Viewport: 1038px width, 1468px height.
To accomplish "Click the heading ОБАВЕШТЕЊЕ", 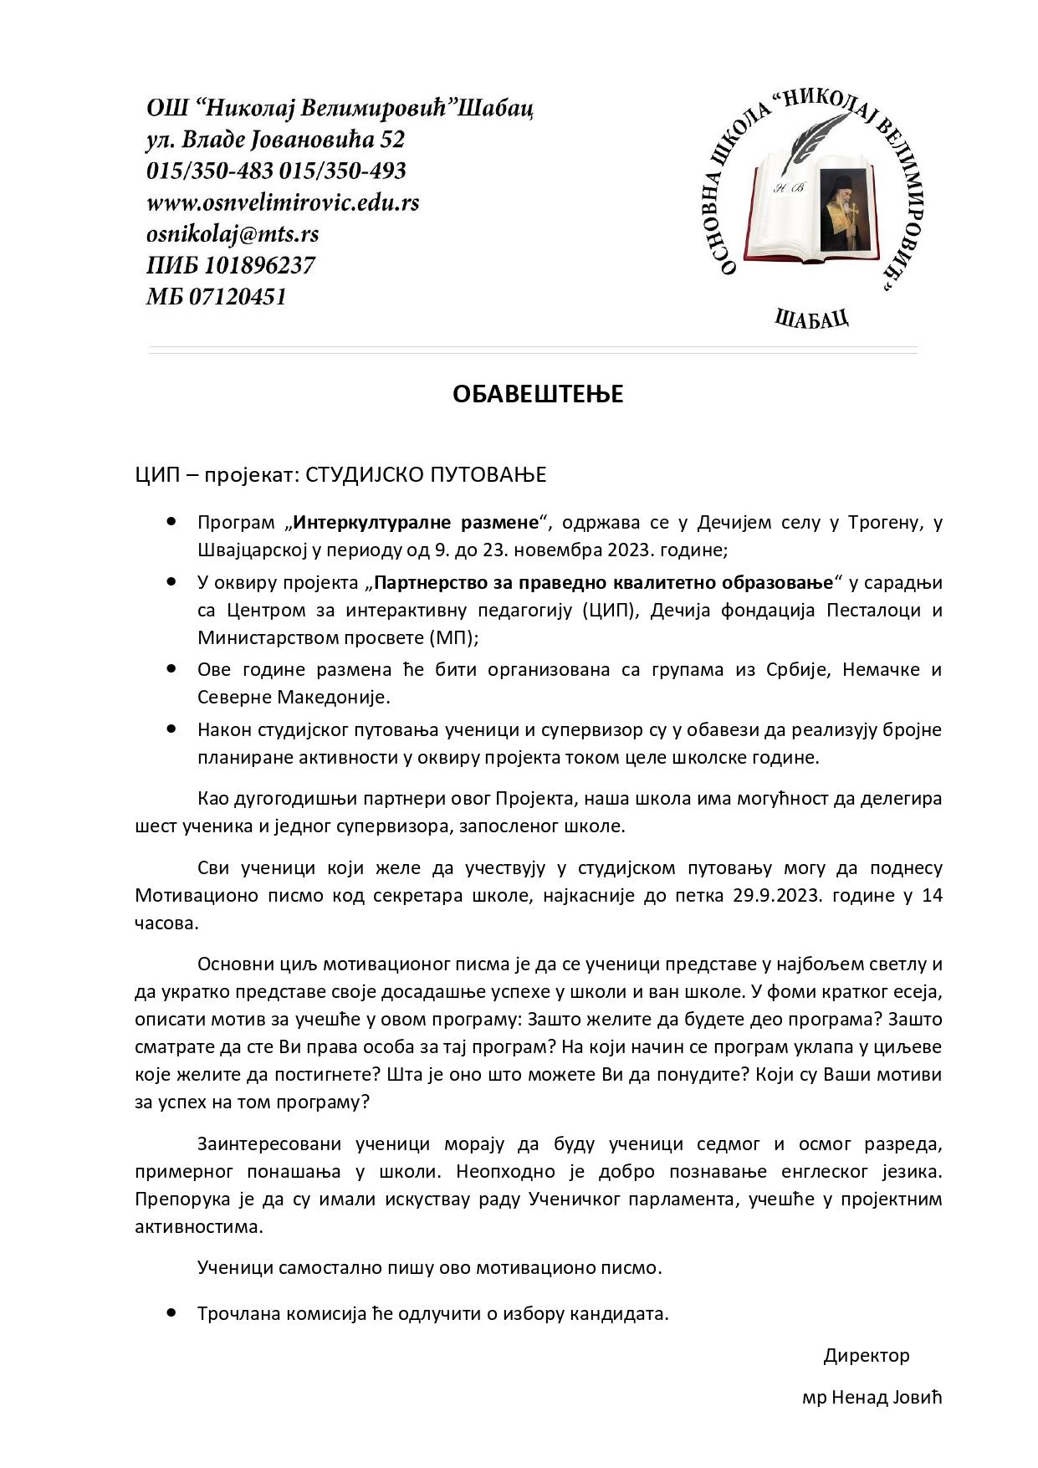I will pyautogui.click(x=538, y=394).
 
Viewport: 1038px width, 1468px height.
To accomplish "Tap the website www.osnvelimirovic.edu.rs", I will pyautogui.click(x=283, y=202).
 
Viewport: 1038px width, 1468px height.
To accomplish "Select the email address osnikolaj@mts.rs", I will pyautogui.click(x=233, y=233).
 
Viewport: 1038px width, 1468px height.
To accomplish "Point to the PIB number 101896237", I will pyautogui.click(x=259, y=265).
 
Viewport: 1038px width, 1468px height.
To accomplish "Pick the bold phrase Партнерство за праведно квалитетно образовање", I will pyautogui.click(x=604, y=582).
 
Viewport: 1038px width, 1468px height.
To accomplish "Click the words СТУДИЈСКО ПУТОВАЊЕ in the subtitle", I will pyautogui.click(x=426, y=475).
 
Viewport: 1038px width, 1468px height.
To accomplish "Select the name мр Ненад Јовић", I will pyautogui.click(x=872, y=1398).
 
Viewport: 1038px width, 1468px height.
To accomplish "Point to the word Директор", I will pyautogui.click(x=866, y=1355).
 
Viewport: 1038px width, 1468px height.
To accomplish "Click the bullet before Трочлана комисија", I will pyautogui.click(x=171, y=1312).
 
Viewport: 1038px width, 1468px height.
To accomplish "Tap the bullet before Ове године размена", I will pyautogui.click(x=171, y=669).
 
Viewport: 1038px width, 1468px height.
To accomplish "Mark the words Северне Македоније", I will pyautogui.click(x=294, y=697).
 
